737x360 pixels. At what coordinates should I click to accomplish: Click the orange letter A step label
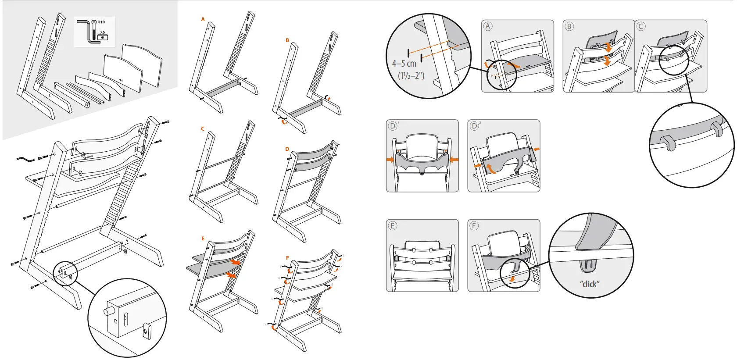coord(203,19)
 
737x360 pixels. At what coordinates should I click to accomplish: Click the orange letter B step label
coord(287,40)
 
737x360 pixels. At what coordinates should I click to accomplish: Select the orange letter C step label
coord(203,129)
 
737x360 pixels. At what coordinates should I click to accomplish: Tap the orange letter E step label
coord(203,239)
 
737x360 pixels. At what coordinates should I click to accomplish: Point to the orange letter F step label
coord(287,258)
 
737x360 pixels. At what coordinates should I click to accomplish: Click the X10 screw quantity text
coord(101,22)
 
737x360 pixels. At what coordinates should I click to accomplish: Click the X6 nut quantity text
coord(102,32)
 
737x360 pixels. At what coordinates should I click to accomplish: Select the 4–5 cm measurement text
coord(404,64)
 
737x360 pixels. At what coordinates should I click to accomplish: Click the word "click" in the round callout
coord(590,284)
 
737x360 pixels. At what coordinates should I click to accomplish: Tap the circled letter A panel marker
coord(488,26)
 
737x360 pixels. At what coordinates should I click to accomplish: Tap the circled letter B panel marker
coord(569,26)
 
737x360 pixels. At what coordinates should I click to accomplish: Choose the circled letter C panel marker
coord(641,26)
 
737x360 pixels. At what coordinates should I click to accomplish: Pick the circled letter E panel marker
coord(392,226)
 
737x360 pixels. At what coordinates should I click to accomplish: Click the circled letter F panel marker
coord(474,226)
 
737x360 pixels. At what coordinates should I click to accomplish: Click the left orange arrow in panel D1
coord(390,160)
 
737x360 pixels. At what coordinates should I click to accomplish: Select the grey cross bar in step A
coord(222,89)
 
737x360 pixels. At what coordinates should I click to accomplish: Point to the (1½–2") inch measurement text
coord(411,76)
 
